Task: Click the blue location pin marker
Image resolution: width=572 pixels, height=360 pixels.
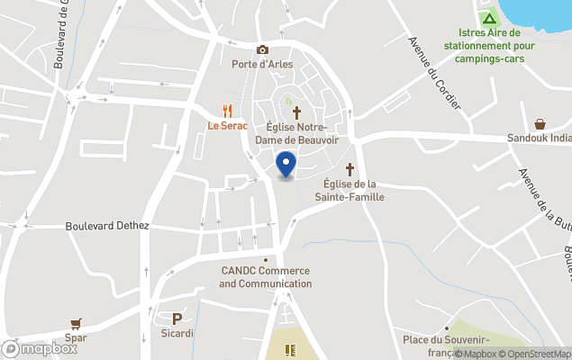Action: tap(286, 165)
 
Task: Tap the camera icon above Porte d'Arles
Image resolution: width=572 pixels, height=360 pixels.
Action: tap(262, 50)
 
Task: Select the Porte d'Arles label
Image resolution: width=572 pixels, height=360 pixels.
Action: tap(262, 65)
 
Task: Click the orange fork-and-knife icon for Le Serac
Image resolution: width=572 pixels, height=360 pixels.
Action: tap(227, 111)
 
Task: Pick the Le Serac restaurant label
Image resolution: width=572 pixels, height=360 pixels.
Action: tap(227, 126)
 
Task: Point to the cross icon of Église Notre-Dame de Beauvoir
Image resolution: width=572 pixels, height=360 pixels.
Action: tap(295, 112)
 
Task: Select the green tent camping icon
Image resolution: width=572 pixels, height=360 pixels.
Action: tap(488, 17)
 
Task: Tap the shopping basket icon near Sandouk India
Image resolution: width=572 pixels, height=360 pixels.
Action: tap(540, 124)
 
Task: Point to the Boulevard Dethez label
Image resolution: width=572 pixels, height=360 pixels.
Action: tap(107, 226)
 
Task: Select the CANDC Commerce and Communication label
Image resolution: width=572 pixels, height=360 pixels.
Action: tap(265, 277)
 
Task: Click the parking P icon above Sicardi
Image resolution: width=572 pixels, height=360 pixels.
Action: tap(177, 319)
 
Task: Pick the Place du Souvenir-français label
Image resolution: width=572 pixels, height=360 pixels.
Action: tap(446, 345)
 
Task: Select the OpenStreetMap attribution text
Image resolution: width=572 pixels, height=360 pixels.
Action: tap(538, 354)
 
